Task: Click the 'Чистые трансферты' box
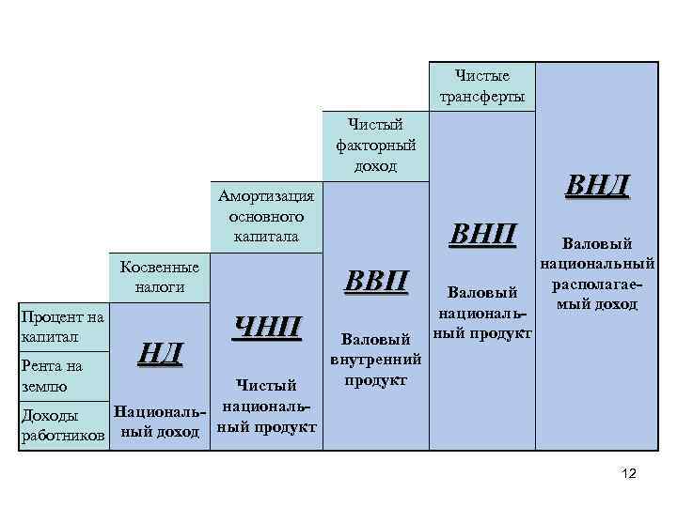[482, 86]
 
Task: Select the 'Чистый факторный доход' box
[375, 145]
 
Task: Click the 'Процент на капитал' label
[61, 326]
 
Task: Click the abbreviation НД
[157, 354]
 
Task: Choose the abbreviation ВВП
[377, 281]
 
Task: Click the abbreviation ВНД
[597, 184]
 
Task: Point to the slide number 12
[629, 475]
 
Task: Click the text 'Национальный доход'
[156, 422]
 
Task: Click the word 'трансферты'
[482, 97]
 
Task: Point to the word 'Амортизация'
[266, 195]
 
